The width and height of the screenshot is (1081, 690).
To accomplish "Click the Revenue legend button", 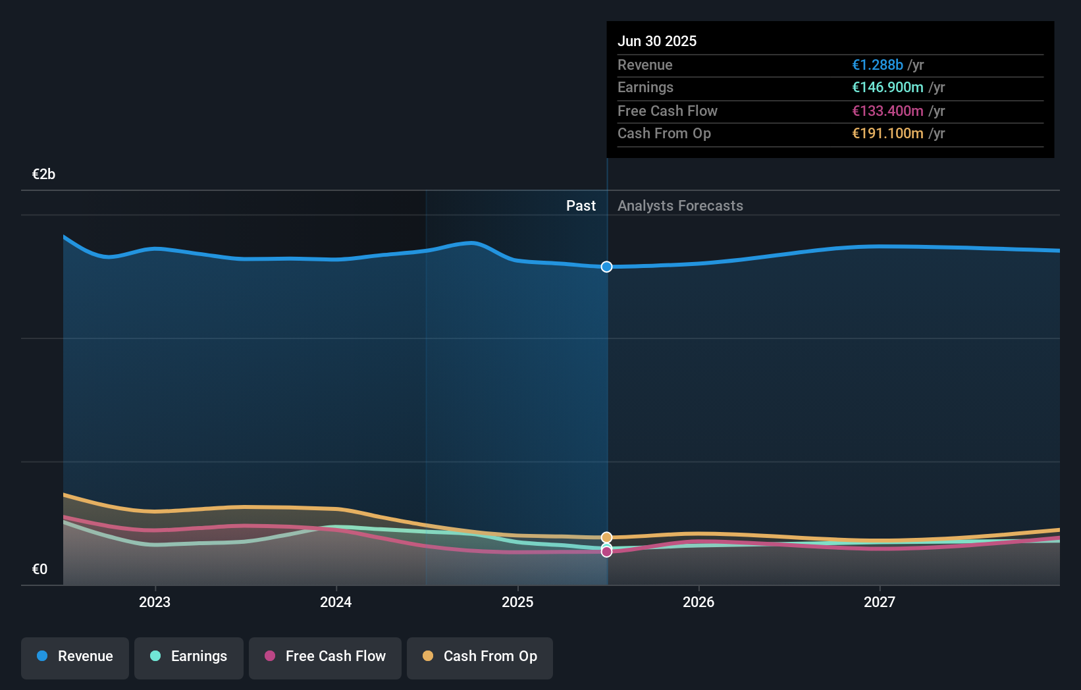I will (x=75, y=656).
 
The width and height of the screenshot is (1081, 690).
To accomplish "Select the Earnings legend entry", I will (x=189, y=656).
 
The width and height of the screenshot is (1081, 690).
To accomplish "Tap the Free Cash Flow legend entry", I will (x=325, y=656).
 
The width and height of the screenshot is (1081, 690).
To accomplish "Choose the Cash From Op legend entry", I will (x=480, y=656).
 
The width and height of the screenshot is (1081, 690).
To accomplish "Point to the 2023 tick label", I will (x=155, y=602).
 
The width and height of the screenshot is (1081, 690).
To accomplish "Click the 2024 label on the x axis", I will (x=336, y=602).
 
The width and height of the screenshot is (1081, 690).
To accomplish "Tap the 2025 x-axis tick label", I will (x=517, y=602).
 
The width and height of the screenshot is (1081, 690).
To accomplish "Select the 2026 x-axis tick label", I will (x=699, y=602).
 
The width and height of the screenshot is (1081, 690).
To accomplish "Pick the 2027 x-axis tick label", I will (x=880, y=602).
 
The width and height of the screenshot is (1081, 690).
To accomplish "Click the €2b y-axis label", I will (x=43, y=174).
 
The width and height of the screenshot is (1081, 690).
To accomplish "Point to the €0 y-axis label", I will (x=40, y=570).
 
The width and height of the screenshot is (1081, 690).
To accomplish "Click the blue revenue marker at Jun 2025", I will (x=606, y=267).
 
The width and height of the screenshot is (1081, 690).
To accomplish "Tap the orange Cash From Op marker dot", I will (x=606, y=537).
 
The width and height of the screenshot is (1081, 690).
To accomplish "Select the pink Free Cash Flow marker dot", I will (x=606, y=552).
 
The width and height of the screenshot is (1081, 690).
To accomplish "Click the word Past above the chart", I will (x=581, y=206).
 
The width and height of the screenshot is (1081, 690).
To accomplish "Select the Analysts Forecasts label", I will (x=680, y=206).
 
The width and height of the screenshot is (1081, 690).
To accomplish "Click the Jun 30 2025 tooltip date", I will (x=656, y=41).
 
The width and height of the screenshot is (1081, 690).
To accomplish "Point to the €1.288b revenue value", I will (x=877, y=65).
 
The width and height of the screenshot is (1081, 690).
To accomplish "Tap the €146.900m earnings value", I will (x=887, y=88).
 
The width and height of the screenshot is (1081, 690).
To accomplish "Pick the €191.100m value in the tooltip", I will (x=887, y=134).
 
